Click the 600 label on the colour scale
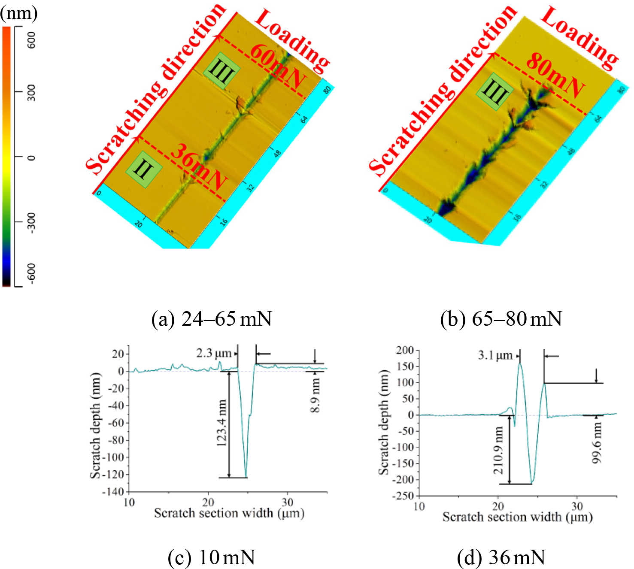pyautogui.click(x=31, y=39)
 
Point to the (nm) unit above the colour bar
pyautogui.click(x=18, y=13)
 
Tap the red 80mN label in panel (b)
pyautogui.click(x=555, y=76)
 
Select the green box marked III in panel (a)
pyautogui.click(x=221, y=71)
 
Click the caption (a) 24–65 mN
pyautogui.click(x=212, y=319)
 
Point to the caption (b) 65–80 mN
pyautogui.click(x=501, y=319)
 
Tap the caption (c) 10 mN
pyautogui.click(x=212, y=557)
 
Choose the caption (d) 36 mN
pyautogui.click(x=501, y=557)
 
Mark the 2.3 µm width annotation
pyautogui.click(x=214, y=354)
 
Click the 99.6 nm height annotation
pyautogui.click(x=597, y=442)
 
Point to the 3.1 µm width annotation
pyautogui.click(x=495, y=355)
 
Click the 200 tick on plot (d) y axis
pyautogui.click(x=405, y=350)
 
